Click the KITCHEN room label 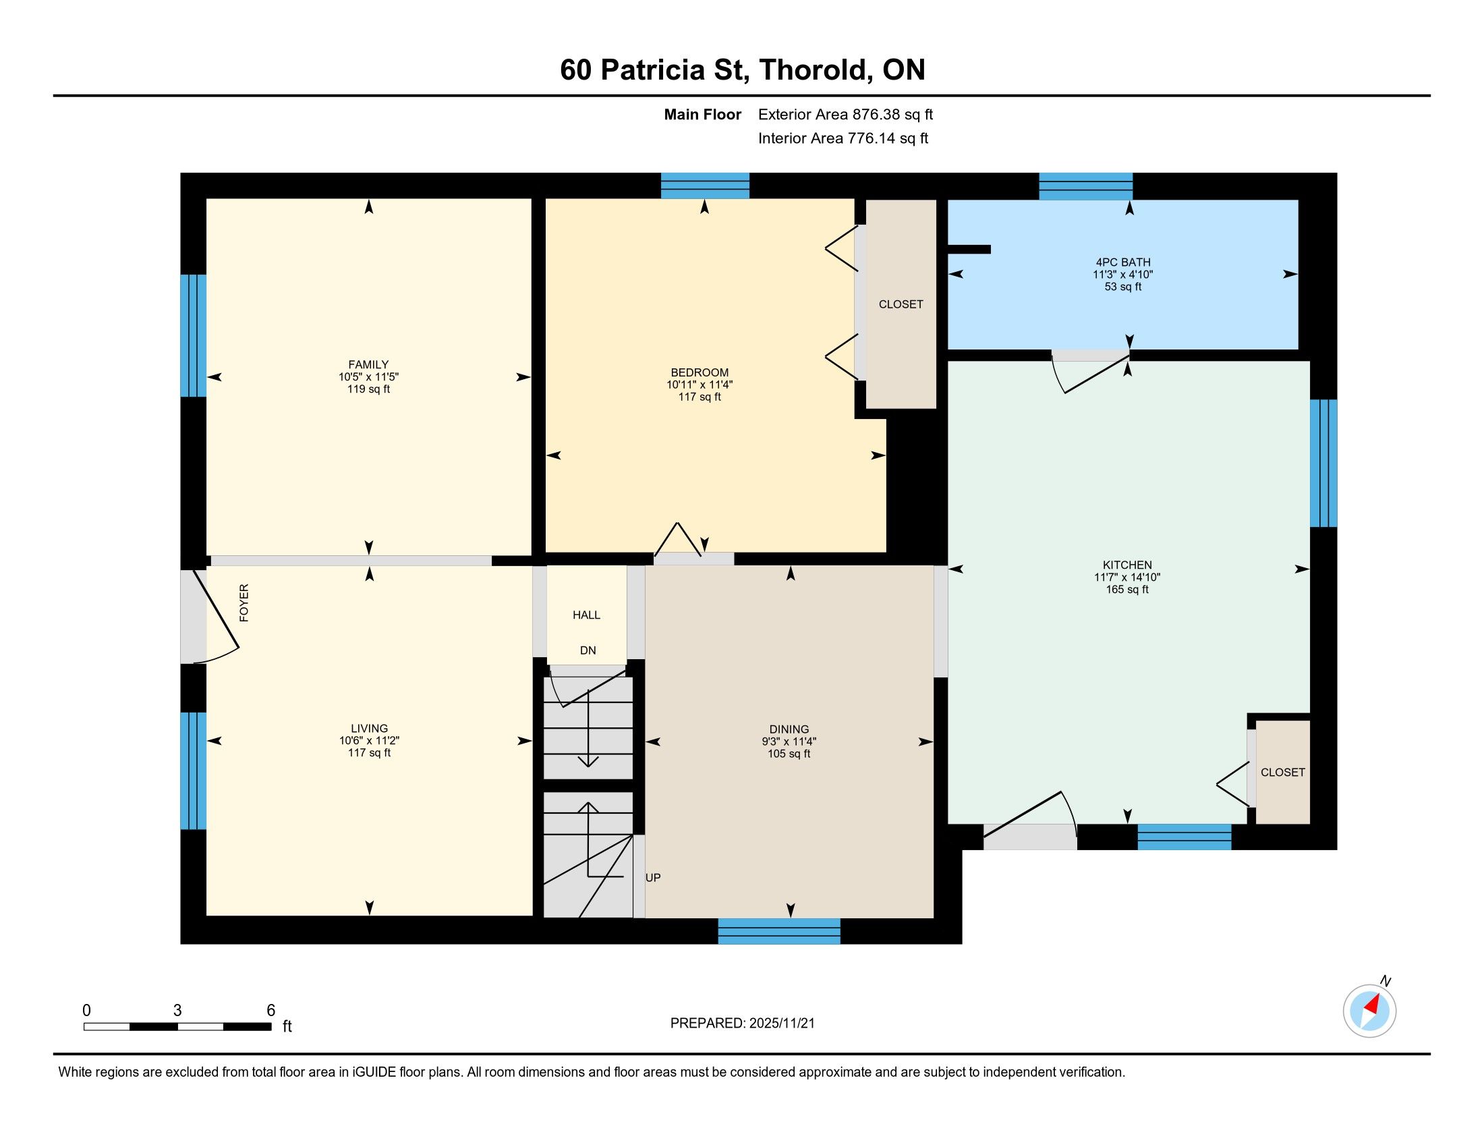coord(1126,565)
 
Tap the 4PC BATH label coord(1122,262)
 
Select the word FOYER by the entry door coord(244,603)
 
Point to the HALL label coord(586,615)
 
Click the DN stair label coord(588,650)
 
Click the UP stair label coord(653,877)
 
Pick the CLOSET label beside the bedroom coord(901,304)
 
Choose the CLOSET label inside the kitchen coord(1283,772)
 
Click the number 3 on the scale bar coord(177,1011)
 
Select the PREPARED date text coord(742,1024)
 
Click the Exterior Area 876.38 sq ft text coord(845,114)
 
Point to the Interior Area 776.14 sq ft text coord(843,138)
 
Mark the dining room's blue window coord(779,931)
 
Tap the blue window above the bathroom coord(1086,186)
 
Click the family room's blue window coord(193,336)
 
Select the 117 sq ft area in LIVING coord(369,753)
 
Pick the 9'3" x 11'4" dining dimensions coord(789,742)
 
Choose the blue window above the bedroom coord(706,186)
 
